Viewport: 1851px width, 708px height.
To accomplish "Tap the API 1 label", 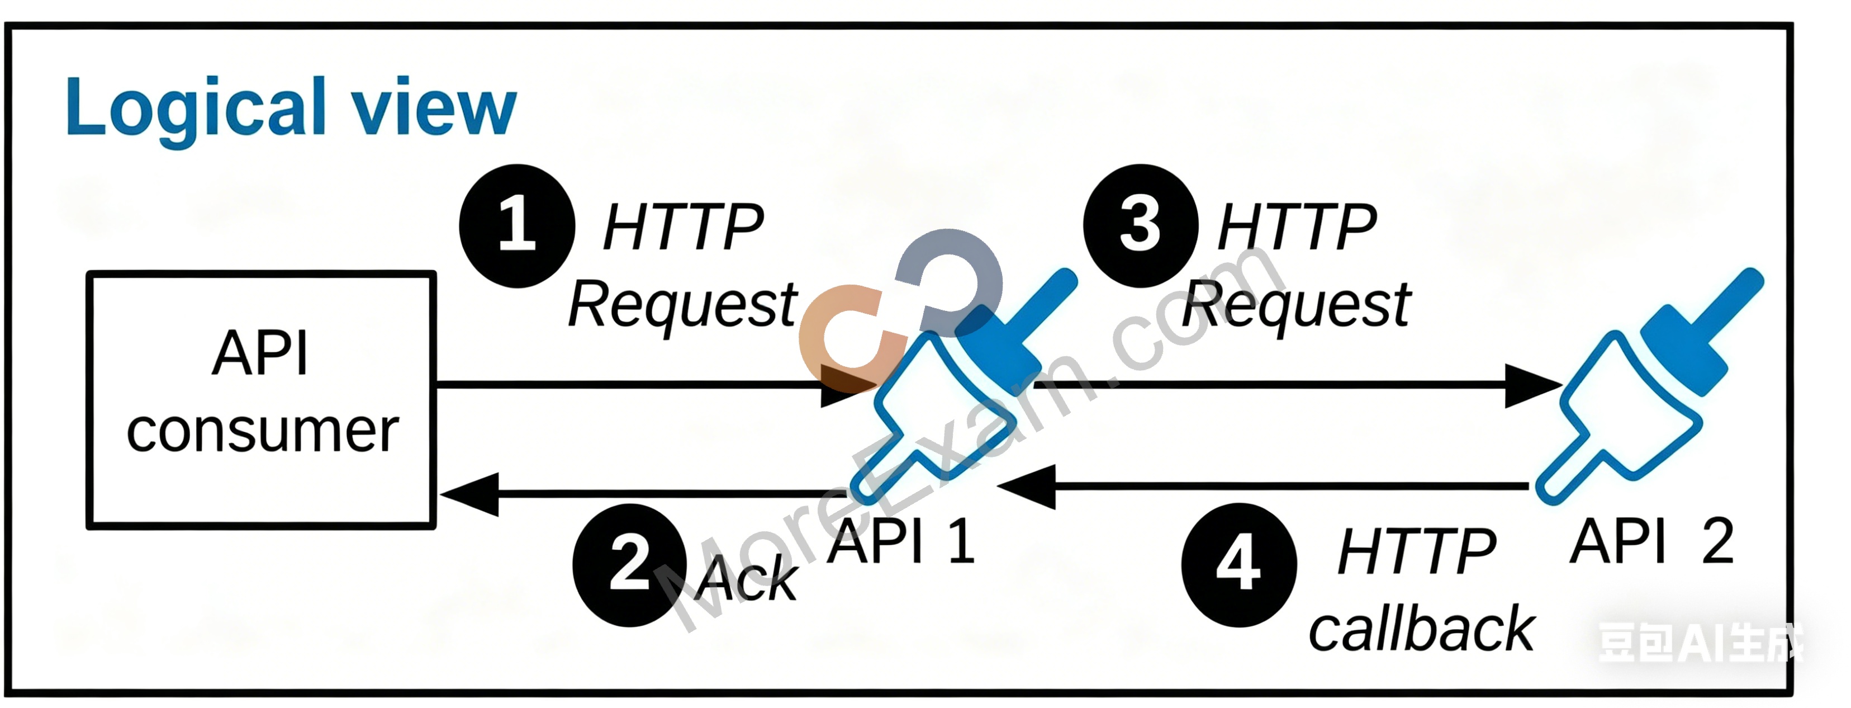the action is point(901,541).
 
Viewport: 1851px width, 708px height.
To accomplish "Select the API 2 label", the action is point(1652,541).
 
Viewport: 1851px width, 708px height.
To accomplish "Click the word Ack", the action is point(747,579).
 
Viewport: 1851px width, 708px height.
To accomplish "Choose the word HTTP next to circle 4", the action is point(1417,552).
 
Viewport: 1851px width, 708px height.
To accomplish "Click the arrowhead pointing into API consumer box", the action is point(469,494).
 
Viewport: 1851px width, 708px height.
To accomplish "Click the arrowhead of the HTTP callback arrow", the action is point(1026,487).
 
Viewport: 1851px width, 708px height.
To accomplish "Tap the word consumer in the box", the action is point(262,431).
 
